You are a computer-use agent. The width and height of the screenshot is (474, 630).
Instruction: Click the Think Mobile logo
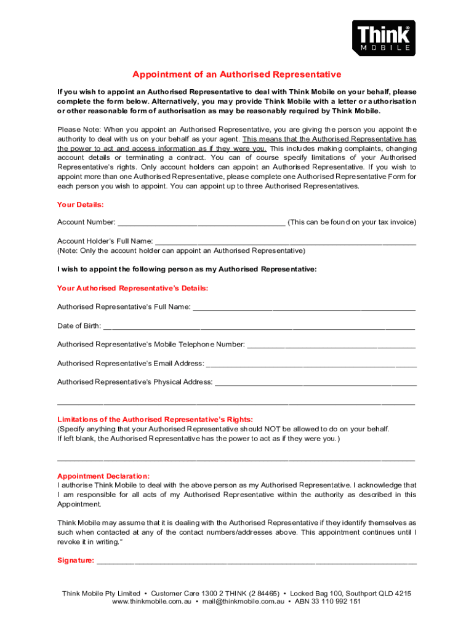point(384,38)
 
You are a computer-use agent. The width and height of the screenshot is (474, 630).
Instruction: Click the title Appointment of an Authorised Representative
point(236,74)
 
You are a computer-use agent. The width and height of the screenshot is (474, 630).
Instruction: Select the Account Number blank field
point(201,223)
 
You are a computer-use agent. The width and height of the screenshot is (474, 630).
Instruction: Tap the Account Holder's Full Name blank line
point(285,242)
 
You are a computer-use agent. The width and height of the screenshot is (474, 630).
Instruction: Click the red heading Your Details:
point(81,204)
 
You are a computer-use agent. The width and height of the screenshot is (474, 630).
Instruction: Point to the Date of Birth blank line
point(259,326)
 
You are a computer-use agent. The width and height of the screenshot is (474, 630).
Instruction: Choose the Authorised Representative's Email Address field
point(311,364)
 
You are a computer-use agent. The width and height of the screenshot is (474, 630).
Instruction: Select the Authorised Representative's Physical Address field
point(315,383)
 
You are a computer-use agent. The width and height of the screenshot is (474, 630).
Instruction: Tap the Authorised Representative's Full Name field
point(304,307)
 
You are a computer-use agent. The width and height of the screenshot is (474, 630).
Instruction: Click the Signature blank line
point(257,560)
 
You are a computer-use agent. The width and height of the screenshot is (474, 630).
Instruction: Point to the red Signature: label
point(76,560)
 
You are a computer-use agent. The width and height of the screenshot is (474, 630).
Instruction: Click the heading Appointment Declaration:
point(103,476)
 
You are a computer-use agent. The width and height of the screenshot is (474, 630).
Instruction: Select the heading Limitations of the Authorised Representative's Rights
point(155,419)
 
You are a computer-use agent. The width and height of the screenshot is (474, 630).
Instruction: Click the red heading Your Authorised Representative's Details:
point(132,288)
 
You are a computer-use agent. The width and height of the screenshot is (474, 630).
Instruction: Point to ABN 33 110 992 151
point(327,602)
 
